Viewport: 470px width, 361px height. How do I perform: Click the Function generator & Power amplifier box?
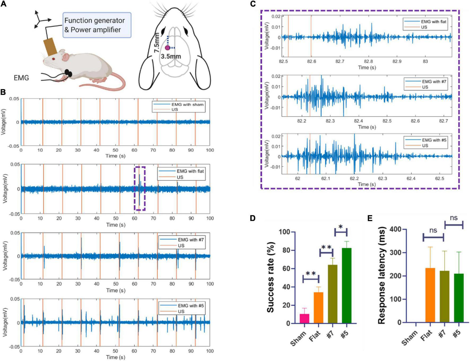pyautogui.click(x=97, y=25)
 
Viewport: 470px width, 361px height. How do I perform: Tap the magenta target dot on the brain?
pyautogui.click(x=167, y=48)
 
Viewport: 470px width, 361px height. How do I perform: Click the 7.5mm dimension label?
pyautogui.click(x=157, y=42)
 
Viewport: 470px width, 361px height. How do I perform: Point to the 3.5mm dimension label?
pyautogui.click(x=171, y=56)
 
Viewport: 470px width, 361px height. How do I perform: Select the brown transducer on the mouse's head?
pyautogui.click(x=50, y=47)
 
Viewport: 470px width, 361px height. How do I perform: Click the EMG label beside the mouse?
pyautogui.click(x=21, y=78)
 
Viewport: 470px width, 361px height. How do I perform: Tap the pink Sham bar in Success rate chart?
pyautogui.click(x=304, y=318)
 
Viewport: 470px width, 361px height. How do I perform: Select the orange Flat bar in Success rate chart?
pyautogui.click(x=319, y=307)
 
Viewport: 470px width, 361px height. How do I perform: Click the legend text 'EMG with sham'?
pyautogui.click(x=187, y=104)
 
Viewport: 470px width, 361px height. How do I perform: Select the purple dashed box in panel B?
pyautogui.click(x=140, y=188)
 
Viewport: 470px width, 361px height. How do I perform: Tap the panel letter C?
pyautogui.click(x=253, y=4)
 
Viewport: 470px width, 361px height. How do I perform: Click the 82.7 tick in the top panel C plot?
pyautogui.click(x=340, y=61)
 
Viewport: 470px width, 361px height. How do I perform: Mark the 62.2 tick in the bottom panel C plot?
pyautogui.click(x=354, y=179)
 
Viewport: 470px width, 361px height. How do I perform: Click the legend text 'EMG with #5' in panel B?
pyautogui.click(x=191, y=306)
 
